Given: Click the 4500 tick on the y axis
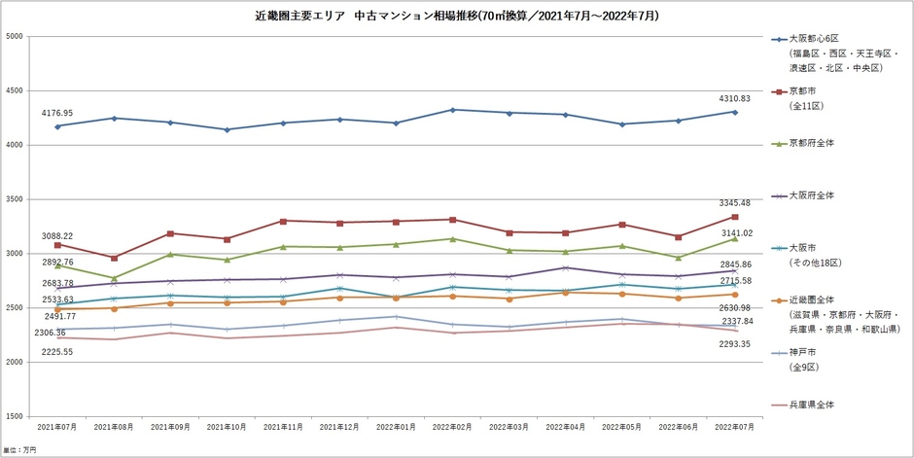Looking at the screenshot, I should pos(14,91).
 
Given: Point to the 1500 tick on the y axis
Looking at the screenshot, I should pos(14,416).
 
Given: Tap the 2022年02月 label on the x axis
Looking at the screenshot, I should pos(451,428).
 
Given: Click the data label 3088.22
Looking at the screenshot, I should pos(57,235).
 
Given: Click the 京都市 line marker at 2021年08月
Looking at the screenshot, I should pos(115,258).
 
